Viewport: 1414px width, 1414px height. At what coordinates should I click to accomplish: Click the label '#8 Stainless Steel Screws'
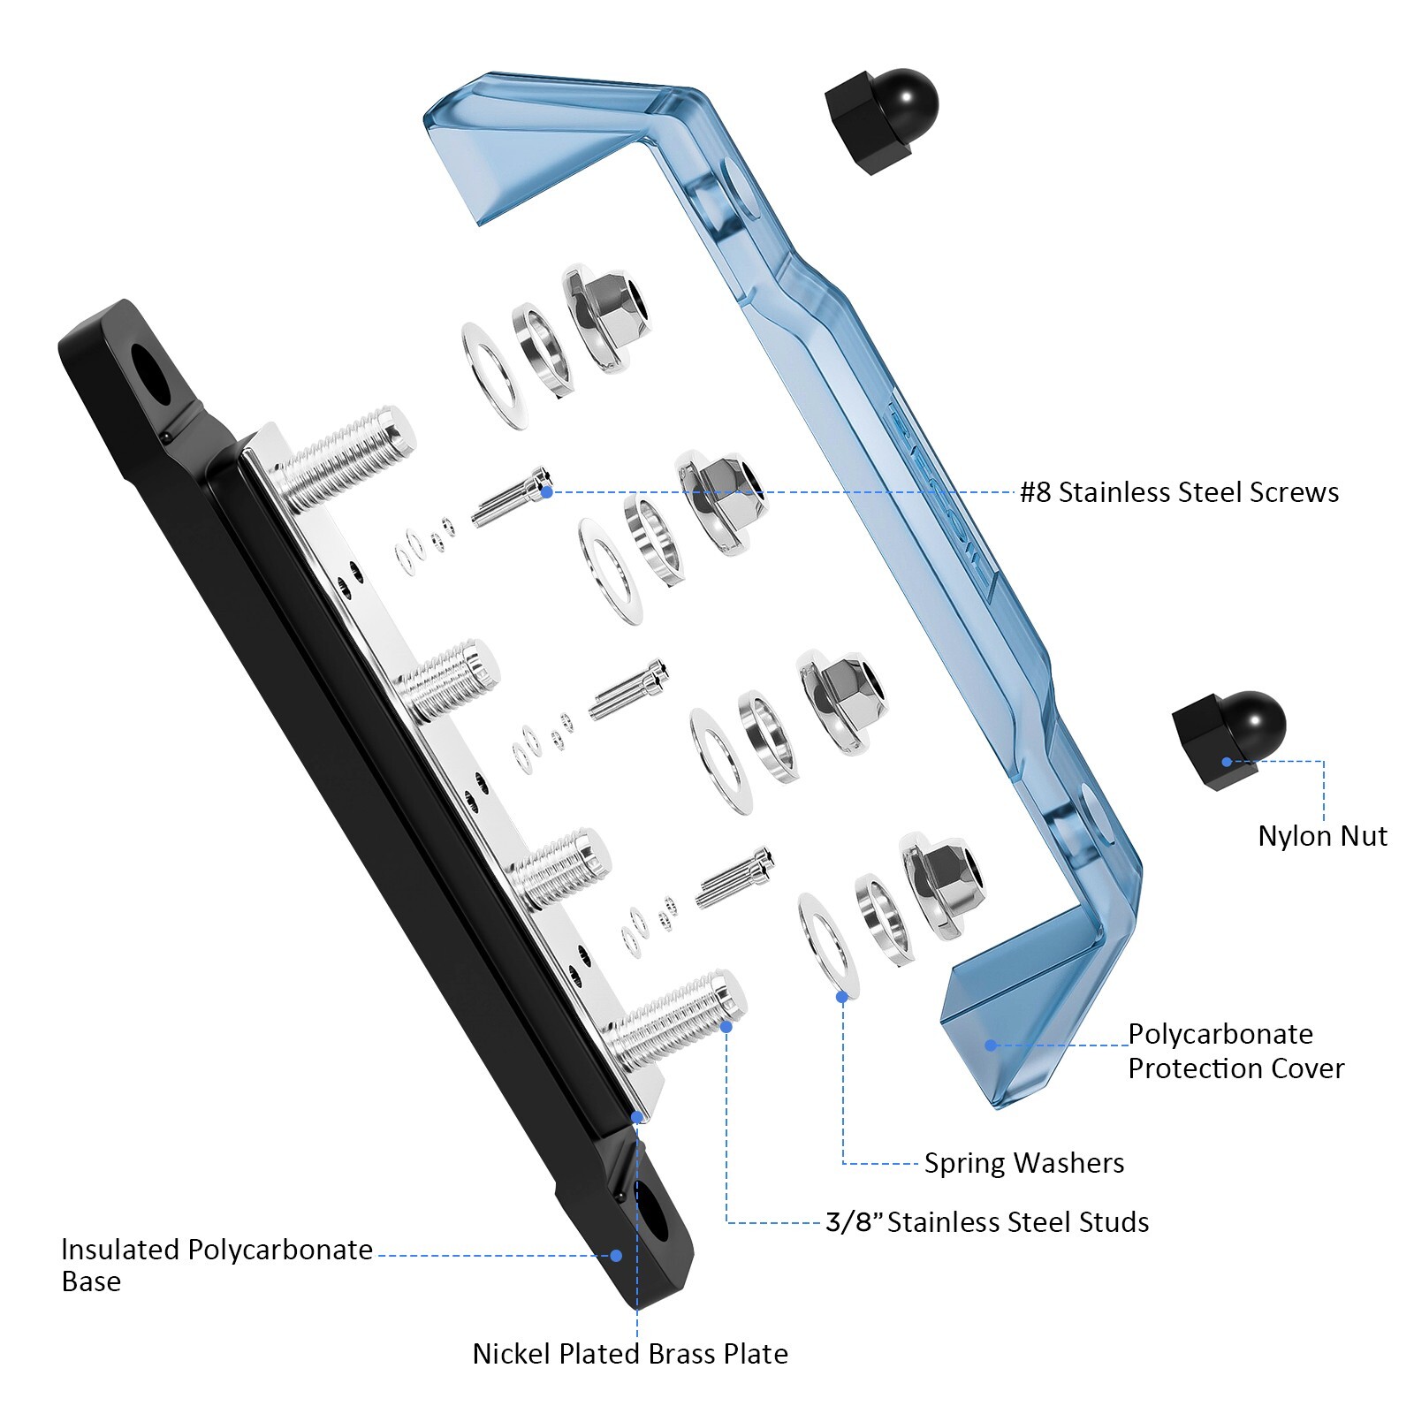point(1179,492)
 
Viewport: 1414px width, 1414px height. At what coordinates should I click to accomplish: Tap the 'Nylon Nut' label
point(1322,836)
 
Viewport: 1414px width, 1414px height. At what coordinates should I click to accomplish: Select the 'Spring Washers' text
point(1024,1163)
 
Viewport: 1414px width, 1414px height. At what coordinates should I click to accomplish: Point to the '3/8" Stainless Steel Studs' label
point(987,1222)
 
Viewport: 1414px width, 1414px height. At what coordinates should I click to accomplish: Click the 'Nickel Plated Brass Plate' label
point(630,1354)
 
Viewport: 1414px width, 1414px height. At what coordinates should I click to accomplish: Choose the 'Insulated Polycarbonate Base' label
point(217,1265)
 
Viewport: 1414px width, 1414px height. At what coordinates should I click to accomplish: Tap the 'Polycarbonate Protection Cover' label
point(1235,1051)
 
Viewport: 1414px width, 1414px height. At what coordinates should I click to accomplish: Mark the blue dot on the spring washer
point(842,995)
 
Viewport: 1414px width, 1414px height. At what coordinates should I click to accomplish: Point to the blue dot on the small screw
point(547,491)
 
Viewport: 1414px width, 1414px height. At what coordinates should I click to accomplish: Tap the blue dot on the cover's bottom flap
point(992,1045)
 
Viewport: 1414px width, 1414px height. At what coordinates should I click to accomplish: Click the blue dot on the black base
point(617,1255)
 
